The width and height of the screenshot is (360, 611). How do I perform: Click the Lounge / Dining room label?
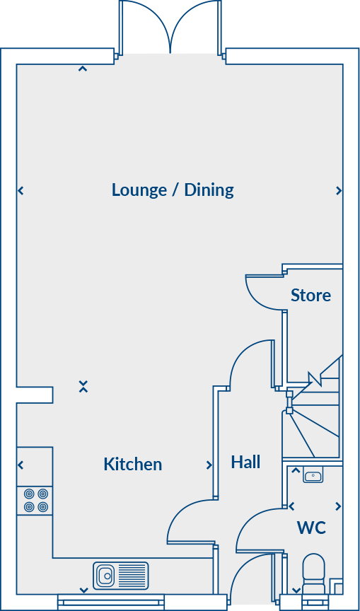coord(173,190)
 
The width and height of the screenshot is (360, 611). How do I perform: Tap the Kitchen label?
coord(133,464)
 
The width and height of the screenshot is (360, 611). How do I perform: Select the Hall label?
coord(245,462)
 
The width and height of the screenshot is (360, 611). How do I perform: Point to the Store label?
coord(310,295)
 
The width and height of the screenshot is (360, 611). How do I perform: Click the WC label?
coord(311,528)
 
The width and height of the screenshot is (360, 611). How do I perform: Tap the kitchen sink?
coord(120,575)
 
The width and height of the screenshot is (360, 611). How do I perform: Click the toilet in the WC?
coord(313,571)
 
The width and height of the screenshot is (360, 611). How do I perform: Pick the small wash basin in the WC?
coord(313,476)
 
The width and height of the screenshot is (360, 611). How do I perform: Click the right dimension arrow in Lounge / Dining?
coord(339,191)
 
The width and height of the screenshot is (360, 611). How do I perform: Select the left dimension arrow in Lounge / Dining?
coord(21,191)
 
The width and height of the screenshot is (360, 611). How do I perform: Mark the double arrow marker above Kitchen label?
coord(83,386)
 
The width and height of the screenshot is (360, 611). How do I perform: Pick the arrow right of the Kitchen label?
coord(209,465)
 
